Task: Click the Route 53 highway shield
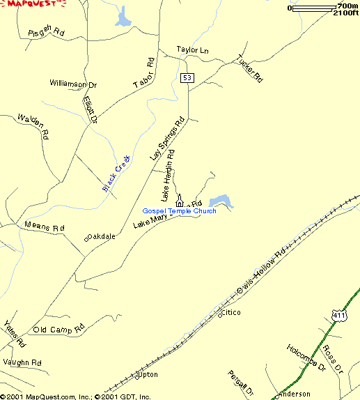tap(187, 77)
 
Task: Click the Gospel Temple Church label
tap(179, 211)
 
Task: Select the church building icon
tap(180, 200)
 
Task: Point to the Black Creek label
tap(117, 174)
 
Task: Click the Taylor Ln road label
tap(192, 50)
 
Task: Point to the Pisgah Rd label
tap(46, 33)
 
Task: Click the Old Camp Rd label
tap(58, 328)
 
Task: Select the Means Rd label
tap(44, 227)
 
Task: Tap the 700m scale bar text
tap(347, 6)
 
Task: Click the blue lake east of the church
tap(221, 201)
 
